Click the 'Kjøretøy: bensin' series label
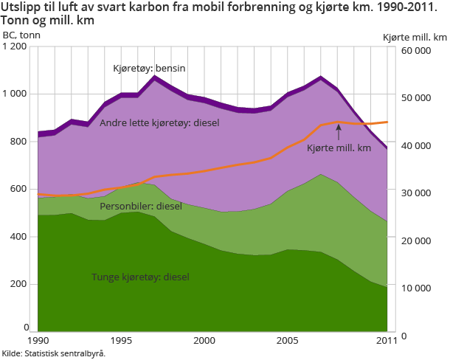(x=148, y=69)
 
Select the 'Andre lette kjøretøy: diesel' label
(x=159, y=122)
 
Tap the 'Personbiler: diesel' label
(x=141, y=206)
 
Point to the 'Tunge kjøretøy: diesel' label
(x=140, y=277)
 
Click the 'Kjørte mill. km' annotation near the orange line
(x=339, y=149)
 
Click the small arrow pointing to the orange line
(x=339, y=131)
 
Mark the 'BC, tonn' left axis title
(x=21, y=35)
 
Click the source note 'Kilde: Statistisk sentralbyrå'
(x=53, y=353)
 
